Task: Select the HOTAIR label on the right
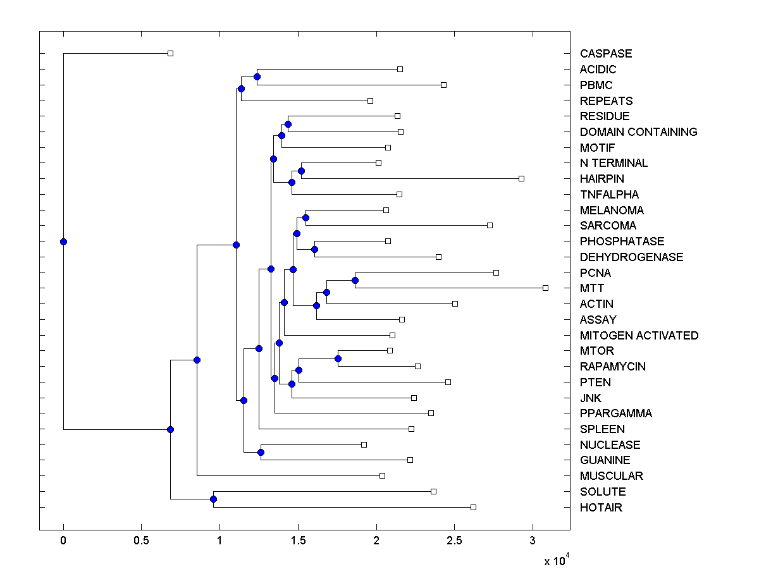coord(601,508)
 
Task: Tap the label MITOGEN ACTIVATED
coord(639,336)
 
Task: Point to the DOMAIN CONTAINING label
coord(638,132)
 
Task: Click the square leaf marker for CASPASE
coord(170,53)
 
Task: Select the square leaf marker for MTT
coord(545,288)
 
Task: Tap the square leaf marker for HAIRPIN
coord(521,178)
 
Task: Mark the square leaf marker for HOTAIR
coord(473,507)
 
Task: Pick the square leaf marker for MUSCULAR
coord(382,475)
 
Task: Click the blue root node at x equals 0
coord(63,242)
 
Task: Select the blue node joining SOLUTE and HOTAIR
coord(213,499)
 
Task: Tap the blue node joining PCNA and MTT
coord(355,280)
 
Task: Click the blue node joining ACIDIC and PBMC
coord(257,76)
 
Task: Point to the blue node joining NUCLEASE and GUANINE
coord(261,452)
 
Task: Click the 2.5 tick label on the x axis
coord(454,541)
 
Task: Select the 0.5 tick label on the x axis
coord(141,541)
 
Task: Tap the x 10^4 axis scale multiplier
coord(557,560)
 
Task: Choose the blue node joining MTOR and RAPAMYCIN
coord(338,358)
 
